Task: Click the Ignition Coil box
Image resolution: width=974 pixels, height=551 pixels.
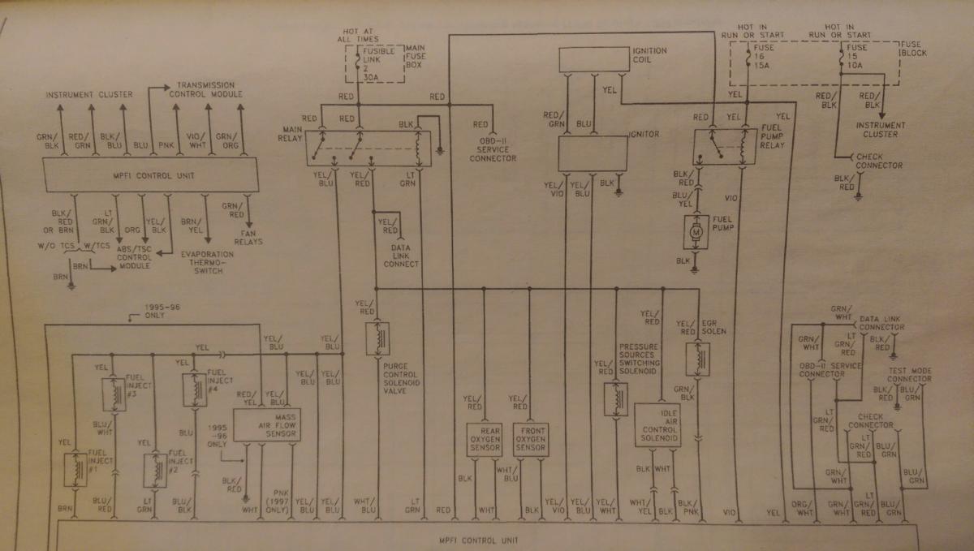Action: tap(593, 59)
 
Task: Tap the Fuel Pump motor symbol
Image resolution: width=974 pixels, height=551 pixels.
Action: tap(696, 232)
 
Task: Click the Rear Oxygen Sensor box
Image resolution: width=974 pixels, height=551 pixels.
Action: tap(485, 439)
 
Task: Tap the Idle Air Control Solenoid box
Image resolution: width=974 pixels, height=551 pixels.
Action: tap(658, 424)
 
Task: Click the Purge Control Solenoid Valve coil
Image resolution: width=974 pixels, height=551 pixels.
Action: tap(376, 339)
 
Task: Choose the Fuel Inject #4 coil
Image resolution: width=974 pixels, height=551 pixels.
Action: tap(194, 390)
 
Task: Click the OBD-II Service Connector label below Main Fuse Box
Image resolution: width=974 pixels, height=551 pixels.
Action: tap(492, 150)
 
